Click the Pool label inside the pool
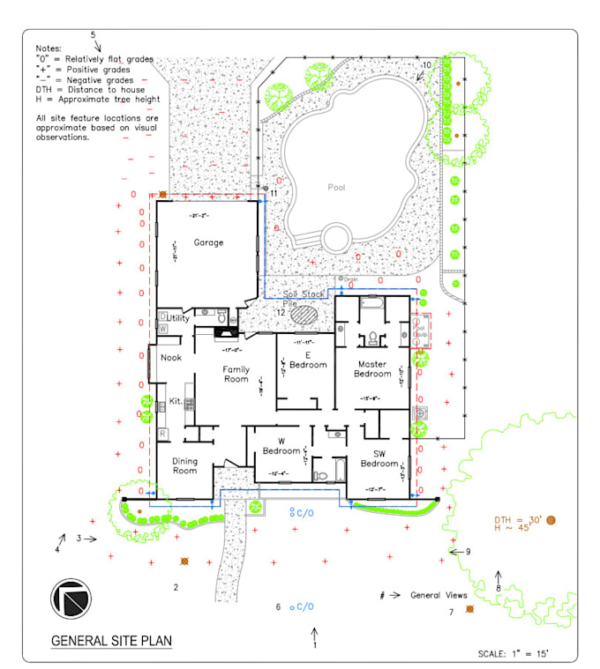click(336, 187)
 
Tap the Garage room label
click(209, 242)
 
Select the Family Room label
click(236, 374)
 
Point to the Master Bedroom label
click(372, 368)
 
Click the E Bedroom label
click(309, 361)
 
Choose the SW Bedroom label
click(379, 459)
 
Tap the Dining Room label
click(184, 465)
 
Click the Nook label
click(170, 357)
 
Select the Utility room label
click(178, 318)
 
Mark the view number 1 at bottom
click(314, 644)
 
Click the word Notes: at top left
click(49, 48)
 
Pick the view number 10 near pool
click(426, 65)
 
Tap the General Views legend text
click(439, 595)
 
